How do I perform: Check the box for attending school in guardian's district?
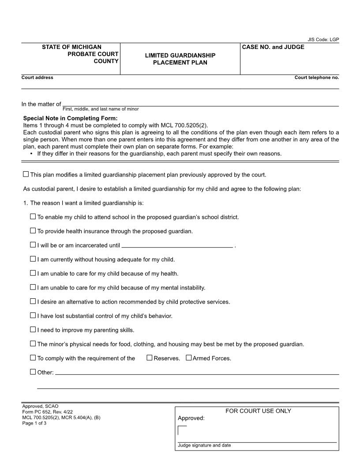coord(33,217)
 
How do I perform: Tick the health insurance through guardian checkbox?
coord(33,230)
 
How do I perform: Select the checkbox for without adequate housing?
coord(33,259)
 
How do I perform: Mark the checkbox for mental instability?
coord(33,287)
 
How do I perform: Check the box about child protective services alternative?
coord(33,301)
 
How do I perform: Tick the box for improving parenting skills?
coord(33,330)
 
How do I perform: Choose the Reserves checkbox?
coord(149,358)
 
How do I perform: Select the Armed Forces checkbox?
coord(188,358)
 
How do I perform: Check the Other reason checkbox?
coord(33,372)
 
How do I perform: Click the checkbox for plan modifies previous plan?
coord(26,174)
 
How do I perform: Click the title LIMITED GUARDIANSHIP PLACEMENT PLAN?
coord(180,59)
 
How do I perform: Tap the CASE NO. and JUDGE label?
coord(273,47)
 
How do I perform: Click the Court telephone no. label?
coord(317,78)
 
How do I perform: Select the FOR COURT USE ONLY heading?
coord(258,411)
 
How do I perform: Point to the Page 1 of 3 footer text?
coord(34,423)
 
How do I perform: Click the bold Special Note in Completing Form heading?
coord(70,118)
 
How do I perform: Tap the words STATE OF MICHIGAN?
coord(71,47)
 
